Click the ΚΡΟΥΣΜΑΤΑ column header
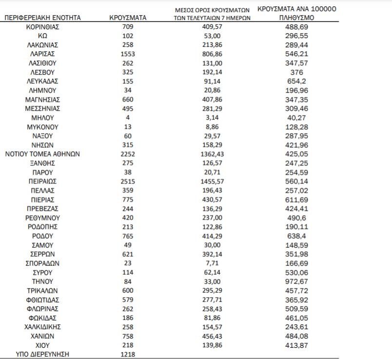[x=129, y=18]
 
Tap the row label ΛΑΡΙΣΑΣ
[x=42, y=54]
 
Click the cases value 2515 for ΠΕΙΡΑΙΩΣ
[x=128, y=181]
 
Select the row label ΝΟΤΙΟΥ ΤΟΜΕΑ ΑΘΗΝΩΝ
[x=42, y=154]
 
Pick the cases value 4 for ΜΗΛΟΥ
[x=128, y=118]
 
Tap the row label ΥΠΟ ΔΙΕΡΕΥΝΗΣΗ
[x=42, y=355]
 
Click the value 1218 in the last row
[x=128, y=355]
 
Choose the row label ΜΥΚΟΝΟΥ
[x=42, y=127]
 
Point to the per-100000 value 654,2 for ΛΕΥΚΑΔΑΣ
[x=296, y=81]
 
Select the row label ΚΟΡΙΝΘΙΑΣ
[x=42, y=27]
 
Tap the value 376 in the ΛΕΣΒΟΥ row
[x=296, y=72]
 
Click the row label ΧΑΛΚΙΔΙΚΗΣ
[x=42, y=327]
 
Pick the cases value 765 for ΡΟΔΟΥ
[x=128, y=236]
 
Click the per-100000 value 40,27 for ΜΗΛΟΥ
[x=296, y=118]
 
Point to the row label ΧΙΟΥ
[x=42, y=345]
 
